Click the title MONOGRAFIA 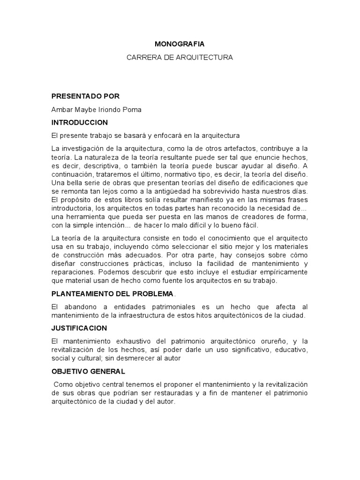pos(180,44)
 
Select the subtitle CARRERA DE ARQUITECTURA pos(180,57)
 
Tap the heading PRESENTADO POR pos(85,96)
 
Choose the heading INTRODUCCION pos(80,122)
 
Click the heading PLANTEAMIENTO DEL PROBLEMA pos(112,293)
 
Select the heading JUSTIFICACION pos(79,328)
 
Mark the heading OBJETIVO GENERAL pos(88,371)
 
